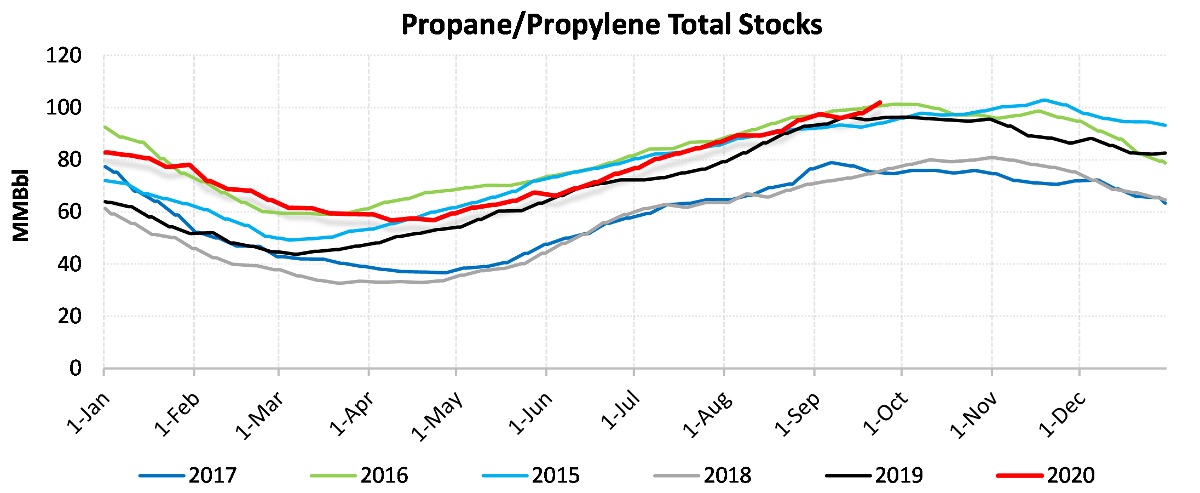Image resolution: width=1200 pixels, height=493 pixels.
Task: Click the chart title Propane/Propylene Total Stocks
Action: pyautogui.click(x=611, y=25)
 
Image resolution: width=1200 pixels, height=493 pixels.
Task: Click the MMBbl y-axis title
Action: pyautogui.click(x=21, y=205)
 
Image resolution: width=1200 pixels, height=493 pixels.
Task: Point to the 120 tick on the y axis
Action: pyautogui.click(x=64, y=55)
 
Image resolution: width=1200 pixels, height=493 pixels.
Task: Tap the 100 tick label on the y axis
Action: pyautogui.click(x=64, y=107)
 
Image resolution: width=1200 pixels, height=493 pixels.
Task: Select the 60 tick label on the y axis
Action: pyautogui.click(x=69, y=211)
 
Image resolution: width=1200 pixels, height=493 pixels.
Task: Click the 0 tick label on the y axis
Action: pyautogui.click(x=75, y=368)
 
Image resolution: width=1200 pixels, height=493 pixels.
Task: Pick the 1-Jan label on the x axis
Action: pyautogui.click(x=88, y=413)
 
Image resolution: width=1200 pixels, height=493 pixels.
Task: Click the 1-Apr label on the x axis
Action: pyautogui.click(x=353, y=414)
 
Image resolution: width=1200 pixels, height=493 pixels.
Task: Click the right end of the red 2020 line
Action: pyautogui.click(x=880, y=102)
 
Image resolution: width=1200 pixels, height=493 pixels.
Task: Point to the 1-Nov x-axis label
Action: pyautogui.click(x=974, y=416)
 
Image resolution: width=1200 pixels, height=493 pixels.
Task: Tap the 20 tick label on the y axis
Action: pyautogui.click(x=69, y=316)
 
